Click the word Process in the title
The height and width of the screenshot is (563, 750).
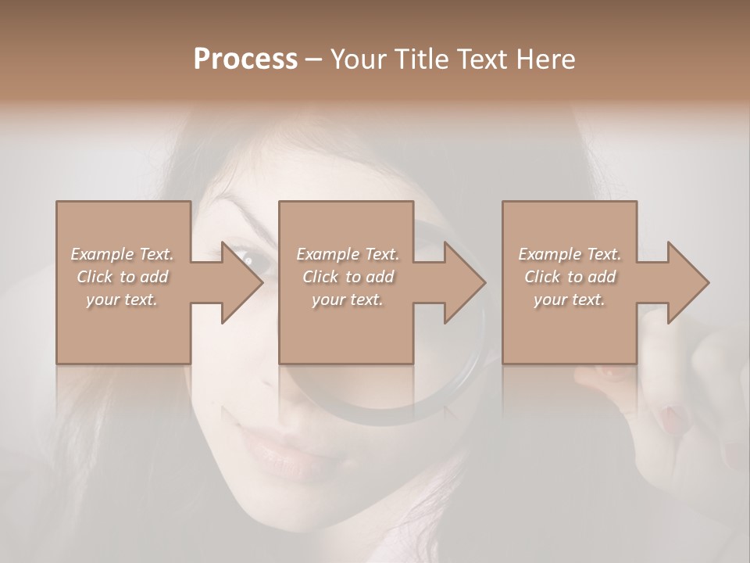tap(245, 59)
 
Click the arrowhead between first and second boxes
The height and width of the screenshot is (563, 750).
tap(241, 282)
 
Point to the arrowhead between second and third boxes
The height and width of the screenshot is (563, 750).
tap(464, 282)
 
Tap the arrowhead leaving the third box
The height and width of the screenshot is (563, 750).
tap(687, 282)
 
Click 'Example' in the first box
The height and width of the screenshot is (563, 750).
tap(102, 254)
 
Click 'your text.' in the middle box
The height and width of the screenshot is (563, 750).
tap(347, 299)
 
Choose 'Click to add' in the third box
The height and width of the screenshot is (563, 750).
tap(570, 277)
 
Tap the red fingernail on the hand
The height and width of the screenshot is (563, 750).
tap(670, 418)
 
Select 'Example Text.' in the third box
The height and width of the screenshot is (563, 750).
tap(570, 254)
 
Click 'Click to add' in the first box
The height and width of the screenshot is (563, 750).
tap(123, 277)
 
